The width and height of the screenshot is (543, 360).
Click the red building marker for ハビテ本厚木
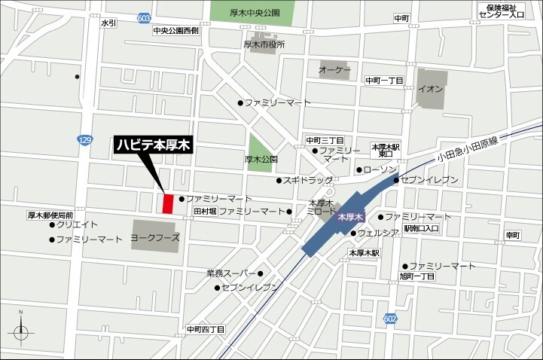168,203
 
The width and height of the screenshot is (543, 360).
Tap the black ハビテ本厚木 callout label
154,145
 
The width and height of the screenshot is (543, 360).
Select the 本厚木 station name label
352,216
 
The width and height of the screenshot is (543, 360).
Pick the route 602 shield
389,319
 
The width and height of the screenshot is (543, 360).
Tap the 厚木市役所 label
264,44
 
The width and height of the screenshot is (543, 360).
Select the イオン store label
431,88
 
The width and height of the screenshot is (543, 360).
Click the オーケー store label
335,70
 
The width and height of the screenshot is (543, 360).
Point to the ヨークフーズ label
155,236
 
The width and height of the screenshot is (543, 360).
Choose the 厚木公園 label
261,160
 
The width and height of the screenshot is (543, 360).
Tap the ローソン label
379,170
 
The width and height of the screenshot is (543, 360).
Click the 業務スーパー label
230,273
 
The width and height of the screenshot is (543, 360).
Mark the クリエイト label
77,224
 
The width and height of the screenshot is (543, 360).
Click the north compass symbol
21,330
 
